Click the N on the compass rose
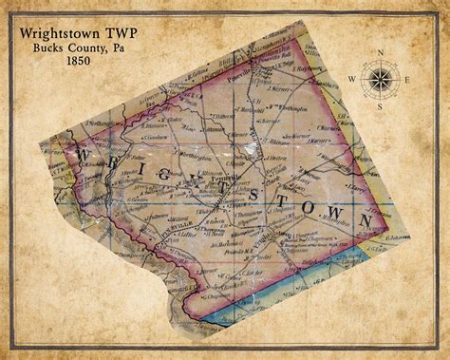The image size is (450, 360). pyautogui.click(x=380, y=52)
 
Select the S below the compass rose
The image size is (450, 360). pyautogui.click(x=380, y=105)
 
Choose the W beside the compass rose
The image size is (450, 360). pyautogui.click(x=351, y=79)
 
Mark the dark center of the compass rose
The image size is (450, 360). pyautogui.click(x=380, y=79)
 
